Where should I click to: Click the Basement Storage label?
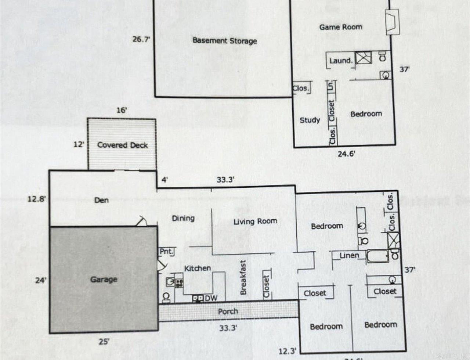click(225, 41)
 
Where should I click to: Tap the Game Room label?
click(340, 27)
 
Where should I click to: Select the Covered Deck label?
click(122, 145)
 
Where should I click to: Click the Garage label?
click(104, 280)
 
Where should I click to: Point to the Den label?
click(101, 200)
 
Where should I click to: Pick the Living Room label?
click(255, 222)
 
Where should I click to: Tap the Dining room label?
click(183, 218)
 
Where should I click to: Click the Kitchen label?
click(197, 269)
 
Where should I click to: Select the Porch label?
click(228, 312)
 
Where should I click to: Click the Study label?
click(310, 120)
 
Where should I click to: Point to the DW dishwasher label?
click(211, 298)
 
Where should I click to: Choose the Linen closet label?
click(349, 255)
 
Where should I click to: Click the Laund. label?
click(341, 61)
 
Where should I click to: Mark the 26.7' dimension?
click(141, 39)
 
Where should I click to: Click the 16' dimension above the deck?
click(122, 110)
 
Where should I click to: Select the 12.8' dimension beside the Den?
click(37, 199)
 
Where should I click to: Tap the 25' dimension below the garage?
click(104, 342)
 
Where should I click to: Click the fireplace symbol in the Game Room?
click(392, 22)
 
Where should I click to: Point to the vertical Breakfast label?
click(243, 277)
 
